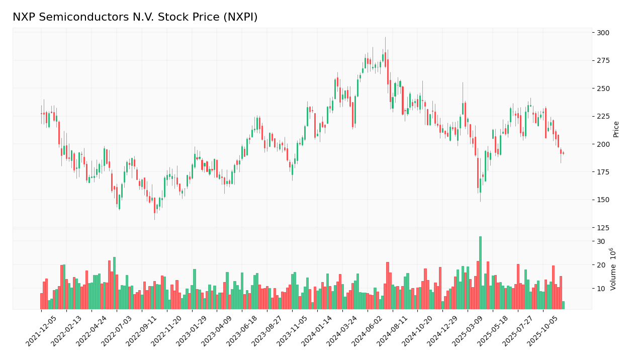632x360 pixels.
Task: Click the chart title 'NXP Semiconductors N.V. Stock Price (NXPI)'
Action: point(135,18)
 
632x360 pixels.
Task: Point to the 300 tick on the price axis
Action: point(602,33)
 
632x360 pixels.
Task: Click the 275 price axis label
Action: point(602,61)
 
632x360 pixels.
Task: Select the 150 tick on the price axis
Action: point(602,200)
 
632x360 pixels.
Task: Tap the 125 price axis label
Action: point(602,228)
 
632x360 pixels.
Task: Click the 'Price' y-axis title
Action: point(616,129)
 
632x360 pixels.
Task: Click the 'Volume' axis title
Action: point(613,269)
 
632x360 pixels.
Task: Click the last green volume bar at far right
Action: point(563,305)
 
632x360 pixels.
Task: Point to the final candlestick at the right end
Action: point(563,153)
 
